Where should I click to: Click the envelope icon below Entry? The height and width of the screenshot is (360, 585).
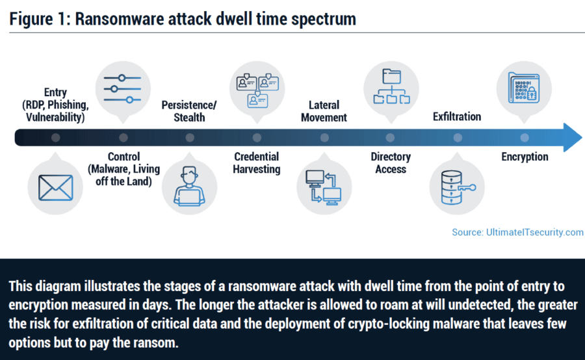coord(56,187)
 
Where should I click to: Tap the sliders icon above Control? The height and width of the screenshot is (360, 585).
coord(123,89)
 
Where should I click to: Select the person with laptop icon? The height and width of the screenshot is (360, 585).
coord(189,187)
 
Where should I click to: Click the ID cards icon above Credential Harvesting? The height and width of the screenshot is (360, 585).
coord(257,89)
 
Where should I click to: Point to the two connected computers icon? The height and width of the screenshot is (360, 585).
coord(324,187)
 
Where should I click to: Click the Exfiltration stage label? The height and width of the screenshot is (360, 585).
coord(457,117)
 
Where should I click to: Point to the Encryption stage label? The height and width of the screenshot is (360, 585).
coord(525,157)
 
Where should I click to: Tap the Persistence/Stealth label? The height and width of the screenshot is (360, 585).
coord(189,111)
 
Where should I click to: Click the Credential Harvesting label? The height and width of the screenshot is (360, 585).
coord(257,162)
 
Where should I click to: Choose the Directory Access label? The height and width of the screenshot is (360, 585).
coord(391,162)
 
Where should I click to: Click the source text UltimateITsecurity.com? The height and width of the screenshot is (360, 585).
coord(517,232)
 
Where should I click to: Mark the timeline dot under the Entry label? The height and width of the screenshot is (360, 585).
coord(56,137)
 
